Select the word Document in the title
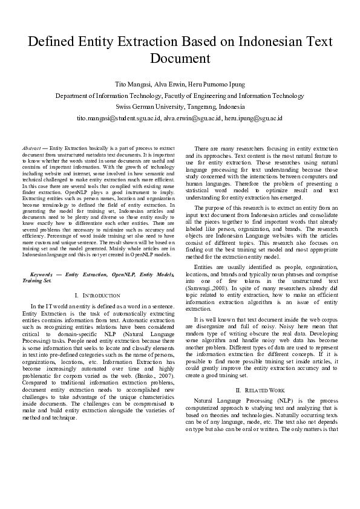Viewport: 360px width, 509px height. (180, 59)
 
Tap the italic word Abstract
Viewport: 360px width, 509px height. (30, 148)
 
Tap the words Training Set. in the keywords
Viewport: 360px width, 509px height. (37, 280)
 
